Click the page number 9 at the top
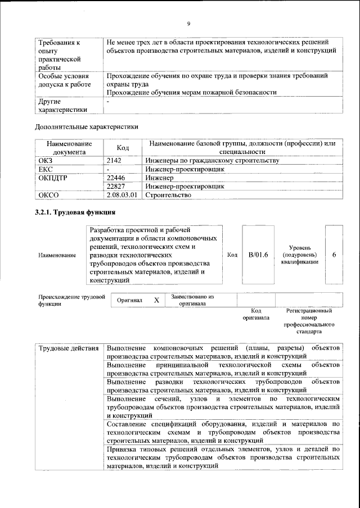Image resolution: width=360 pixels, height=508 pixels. [x=189, y=24]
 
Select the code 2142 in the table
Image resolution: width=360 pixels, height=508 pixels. [x=114, y=161]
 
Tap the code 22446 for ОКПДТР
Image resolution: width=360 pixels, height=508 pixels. [x=115, y=178]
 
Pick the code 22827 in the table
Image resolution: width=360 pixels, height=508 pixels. [x=115, y=186]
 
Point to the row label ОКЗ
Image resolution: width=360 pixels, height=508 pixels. [x=46, y=161]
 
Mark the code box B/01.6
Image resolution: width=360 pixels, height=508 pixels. [x=258, y=255]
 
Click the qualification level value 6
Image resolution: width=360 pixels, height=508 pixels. [x=334, y=255]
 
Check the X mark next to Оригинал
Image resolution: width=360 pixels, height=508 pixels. [x=156, y=301]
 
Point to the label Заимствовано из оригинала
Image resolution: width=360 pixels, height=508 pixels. [x=193, y=300]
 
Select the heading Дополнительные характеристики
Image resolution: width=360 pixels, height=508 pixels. [x=87, y=127]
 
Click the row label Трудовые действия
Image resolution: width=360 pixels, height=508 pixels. [x=68, y=349]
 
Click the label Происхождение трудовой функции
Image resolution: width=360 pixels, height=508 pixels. [x=71, y=300]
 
